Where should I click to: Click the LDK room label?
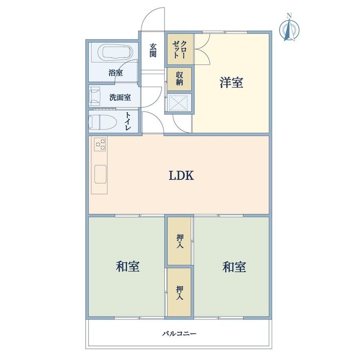tap(182, 176)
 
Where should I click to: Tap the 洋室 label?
tap(231, 83)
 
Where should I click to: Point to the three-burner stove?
tap(100, 144)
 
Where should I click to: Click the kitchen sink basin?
tap(100, 174)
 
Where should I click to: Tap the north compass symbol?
tap(289, 27)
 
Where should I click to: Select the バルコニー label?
tap(179, 333)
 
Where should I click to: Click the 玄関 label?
tap(153, 50)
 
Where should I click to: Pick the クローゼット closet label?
tap(180, 49)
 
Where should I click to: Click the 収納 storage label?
tap(180, 79)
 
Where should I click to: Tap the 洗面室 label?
tap(120, 97)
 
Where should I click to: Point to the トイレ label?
tap(128, 122)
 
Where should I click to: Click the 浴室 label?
tap(115, 73)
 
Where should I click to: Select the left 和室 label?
tap(128, 266)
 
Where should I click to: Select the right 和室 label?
tap(234, 267)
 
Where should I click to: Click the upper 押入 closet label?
tap(180, 241)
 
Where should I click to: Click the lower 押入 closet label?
tap(180, 293)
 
